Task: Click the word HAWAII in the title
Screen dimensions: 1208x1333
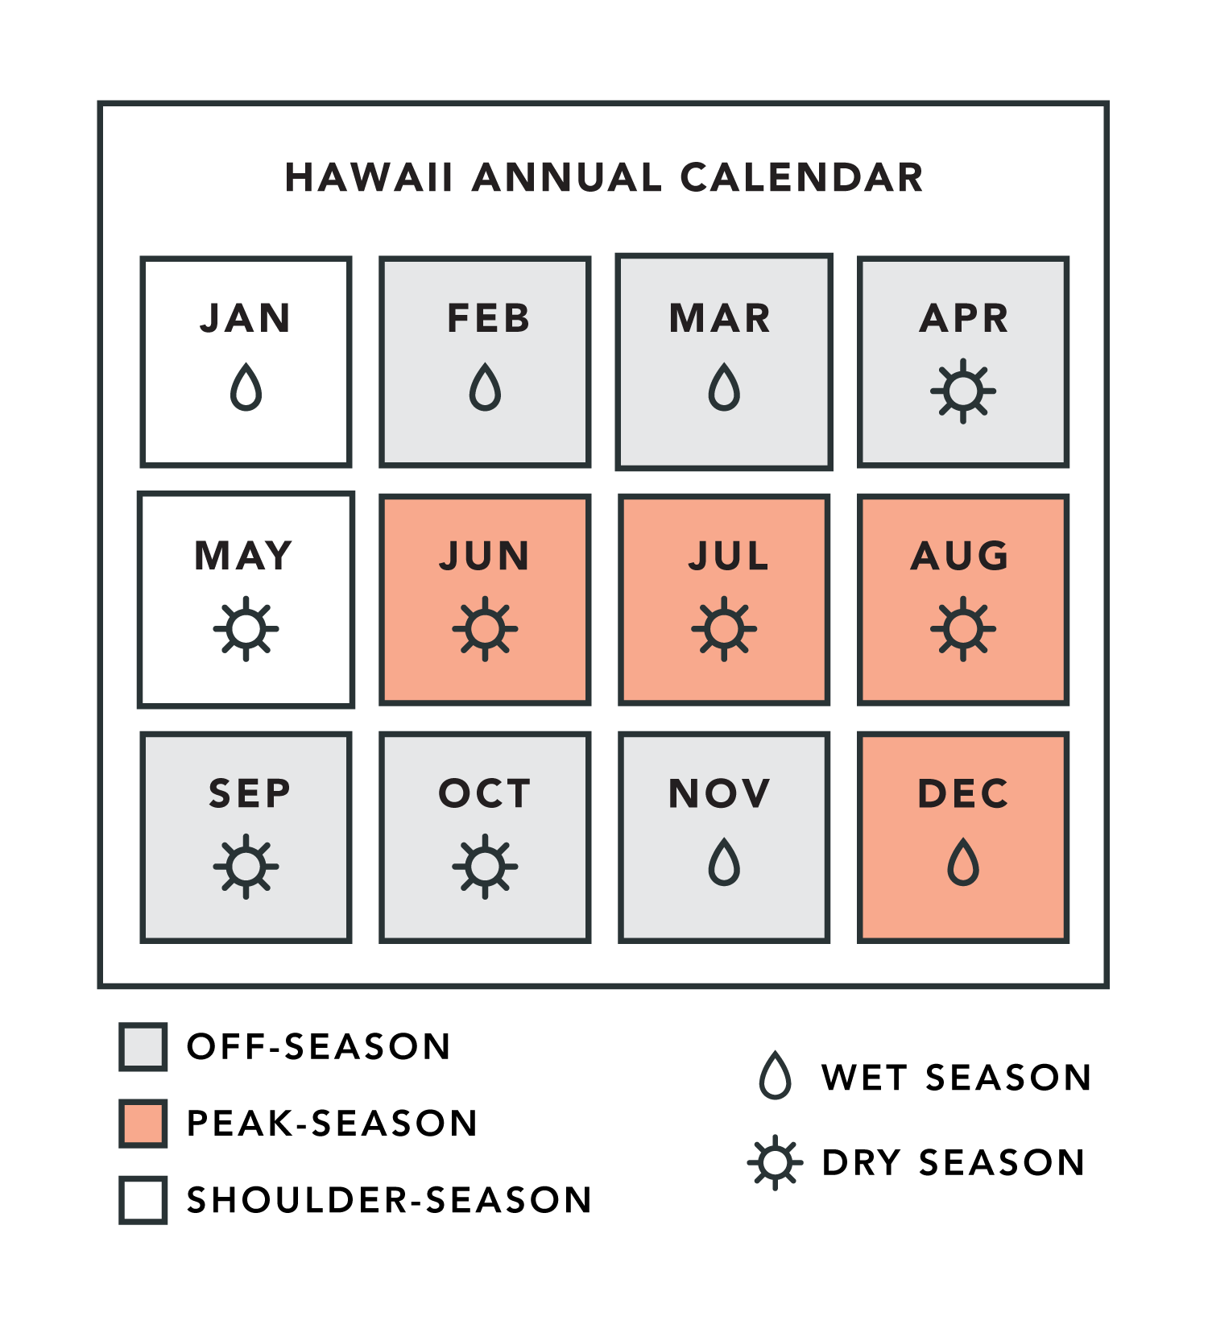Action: tap(370, 178)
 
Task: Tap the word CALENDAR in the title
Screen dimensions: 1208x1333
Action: tap(802, 178)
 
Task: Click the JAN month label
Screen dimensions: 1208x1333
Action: tap(246, 318)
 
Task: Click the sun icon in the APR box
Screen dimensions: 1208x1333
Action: tap(963, 391)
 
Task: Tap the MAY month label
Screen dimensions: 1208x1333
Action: tap(244, 556)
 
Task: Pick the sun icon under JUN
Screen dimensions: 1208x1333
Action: tap(485, 629)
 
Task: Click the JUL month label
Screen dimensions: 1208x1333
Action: tap(729, 556)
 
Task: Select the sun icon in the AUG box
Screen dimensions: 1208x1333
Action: tap(963, 629)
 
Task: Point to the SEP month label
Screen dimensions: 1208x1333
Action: tap(250, 793)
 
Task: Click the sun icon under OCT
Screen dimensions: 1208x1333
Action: tap(485, 867)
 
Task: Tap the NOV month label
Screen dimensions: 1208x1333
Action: tap(720, 793)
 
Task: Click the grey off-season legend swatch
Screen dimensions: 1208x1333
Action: tap(143, 1046)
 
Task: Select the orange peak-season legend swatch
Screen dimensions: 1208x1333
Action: tap(143, 1123)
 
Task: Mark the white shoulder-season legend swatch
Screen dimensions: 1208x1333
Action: tap(143, 1200)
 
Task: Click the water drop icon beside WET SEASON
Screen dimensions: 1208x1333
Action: tap(776, 1075)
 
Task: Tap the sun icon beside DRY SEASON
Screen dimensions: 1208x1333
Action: tap(776, 1162)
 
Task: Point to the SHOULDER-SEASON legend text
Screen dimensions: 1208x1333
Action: tap(390, 1200)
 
